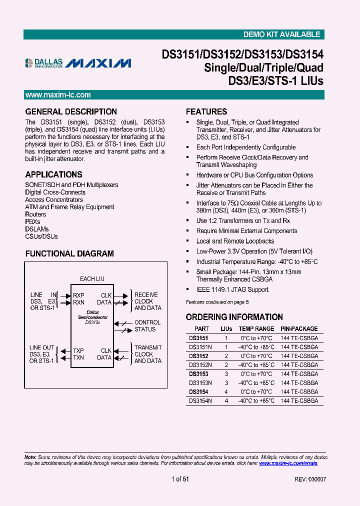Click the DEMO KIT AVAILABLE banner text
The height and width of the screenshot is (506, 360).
coord(281,34)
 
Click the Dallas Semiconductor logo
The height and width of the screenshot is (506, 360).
coord(44,63)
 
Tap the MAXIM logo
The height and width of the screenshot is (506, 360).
coord(98,63)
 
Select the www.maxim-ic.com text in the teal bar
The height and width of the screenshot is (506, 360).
coord(58,95)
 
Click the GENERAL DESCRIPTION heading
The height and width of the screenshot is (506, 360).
coord(71,112)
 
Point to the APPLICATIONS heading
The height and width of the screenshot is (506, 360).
coord(54,175)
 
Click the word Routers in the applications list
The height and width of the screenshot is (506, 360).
coord(35,214)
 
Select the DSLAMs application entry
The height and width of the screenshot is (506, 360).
coord(37,229)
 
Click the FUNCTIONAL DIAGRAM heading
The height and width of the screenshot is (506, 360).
coord(69,254)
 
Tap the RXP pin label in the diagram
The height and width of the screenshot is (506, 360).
coord(78,295)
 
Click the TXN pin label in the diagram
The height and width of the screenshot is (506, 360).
coord(78,357)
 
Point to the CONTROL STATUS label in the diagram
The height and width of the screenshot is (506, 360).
coord(147,326)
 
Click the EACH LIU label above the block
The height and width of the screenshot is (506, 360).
coord(92,278)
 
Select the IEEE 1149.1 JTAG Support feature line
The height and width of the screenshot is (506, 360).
coord(232,289)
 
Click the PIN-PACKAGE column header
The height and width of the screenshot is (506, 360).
coord(299,329)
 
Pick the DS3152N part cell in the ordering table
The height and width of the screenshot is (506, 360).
coord(200,365)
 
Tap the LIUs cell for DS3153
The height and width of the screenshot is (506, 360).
coord(226,374)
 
